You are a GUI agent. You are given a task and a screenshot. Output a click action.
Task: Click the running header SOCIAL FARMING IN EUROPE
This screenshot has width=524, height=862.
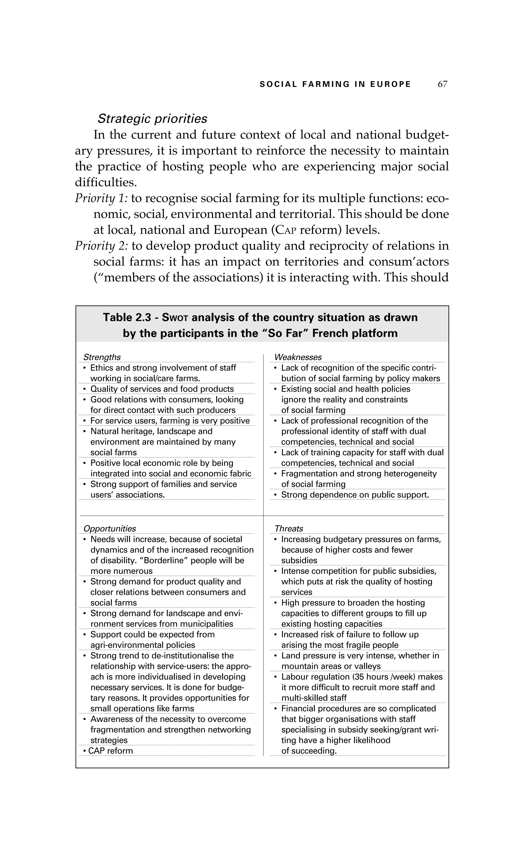(x=335, y=84)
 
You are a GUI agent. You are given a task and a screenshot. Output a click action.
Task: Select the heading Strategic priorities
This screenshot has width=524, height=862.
(x=152, y=119)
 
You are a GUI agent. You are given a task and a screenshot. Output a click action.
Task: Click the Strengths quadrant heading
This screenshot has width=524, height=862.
(x=102, y=357)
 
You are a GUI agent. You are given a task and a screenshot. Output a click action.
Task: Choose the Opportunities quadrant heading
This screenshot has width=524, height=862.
(x=110, y=529)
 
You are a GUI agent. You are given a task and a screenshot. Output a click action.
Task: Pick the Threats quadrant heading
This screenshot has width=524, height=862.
(x=289, y=529)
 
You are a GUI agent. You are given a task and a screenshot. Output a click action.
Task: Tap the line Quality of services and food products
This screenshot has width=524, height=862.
(x=162, y=389)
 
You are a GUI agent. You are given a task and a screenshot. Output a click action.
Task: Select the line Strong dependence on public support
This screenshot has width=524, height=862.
(x=355, y=495)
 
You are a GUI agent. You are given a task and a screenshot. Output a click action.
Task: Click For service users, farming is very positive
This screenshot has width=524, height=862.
(x=170, y=421)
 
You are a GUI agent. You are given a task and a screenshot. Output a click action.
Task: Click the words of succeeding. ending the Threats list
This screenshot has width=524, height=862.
(x=309, y=751)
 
